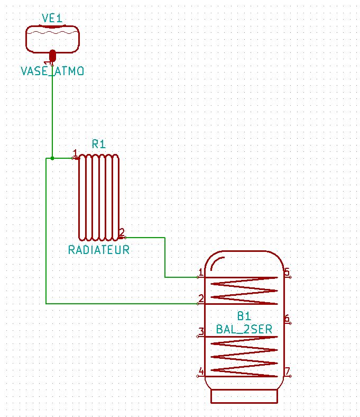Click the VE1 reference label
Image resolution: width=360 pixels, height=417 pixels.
pos(52,19)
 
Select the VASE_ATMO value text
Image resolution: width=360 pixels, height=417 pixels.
pos(52,71)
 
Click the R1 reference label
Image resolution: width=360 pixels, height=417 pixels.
pos(99,143)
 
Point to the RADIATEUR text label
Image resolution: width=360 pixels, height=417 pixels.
pos(99,250)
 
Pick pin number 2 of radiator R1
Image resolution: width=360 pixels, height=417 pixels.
pos(122,233)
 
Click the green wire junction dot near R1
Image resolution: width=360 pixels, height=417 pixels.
pos(52,158)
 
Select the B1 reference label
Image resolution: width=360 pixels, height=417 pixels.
pos(244,316)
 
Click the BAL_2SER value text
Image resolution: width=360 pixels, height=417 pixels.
pos(244,329)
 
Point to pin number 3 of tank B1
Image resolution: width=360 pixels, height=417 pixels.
pos(200,332)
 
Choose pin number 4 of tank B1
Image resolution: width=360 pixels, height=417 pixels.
pos(200,372)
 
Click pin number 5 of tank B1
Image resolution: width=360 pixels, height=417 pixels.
pos(288,273)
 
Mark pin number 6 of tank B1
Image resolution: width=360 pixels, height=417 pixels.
pos(288,319)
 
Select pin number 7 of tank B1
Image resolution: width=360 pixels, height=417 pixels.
pos(288,372)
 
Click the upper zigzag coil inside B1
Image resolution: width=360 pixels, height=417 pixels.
pos(244,291)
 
